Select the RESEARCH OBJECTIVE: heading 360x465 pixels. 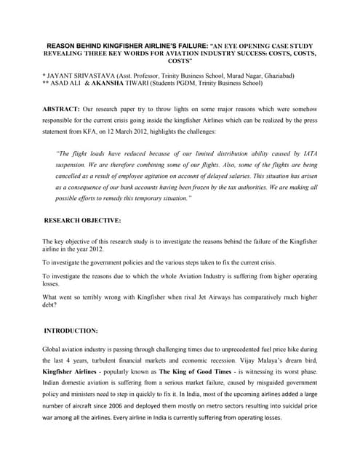82,219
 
